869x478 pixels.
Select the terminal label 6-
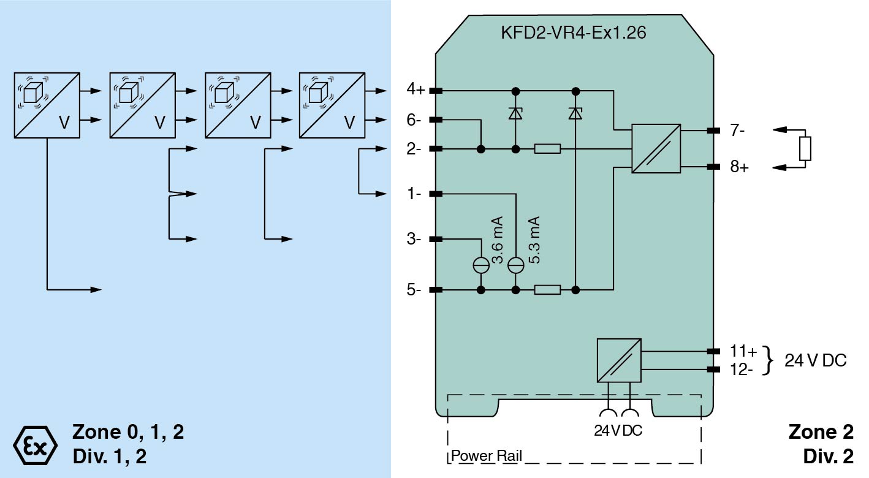(415, 120)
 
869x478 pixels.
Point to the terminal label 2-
(415, 149)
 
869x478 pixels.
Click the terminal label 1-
(415, 194)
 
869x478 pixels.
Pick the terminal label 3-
(415, 239)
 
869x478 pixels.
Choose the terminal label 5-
(415, 290)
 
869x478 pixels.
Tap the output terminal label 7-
(737, 131)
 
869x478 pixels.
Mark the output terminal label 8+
(739, 167)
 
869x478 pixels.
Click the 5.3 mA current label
(534, 240)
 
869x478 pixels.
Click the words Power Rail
(486, 457)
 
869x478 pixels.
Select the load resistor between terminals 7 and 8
(805, 149)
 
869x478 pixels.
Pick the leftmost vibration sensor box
(47, 105)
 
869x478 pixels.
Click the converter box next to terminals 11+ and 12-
(618, 360)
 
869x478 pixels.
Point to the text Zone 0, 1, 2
(127, 432)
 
